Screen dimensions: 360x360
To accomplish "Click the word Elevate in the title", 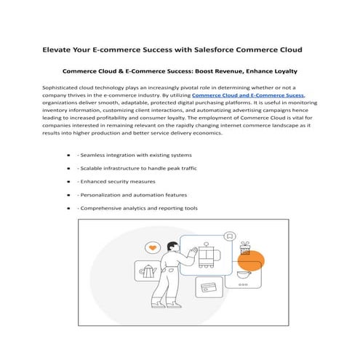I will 58,50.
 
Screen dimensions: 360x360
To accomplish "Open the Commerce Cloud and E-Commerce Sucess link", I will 248,96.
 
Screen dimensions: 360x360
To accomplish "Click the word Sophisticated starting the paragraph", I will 65,88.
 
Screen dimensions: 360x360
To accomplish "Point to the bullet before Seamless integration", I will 68,155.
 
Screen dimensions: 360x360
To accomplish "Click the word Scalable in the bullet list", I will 95,168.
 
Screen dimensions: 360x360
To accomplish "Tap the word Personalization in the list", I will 104,195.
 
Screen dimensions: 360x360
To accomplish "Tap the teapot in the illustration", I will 149,272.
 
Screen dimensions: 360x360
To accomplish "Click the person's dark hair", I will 172,246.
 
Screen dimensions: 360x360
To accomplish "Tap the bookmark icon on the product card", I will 230,236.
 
